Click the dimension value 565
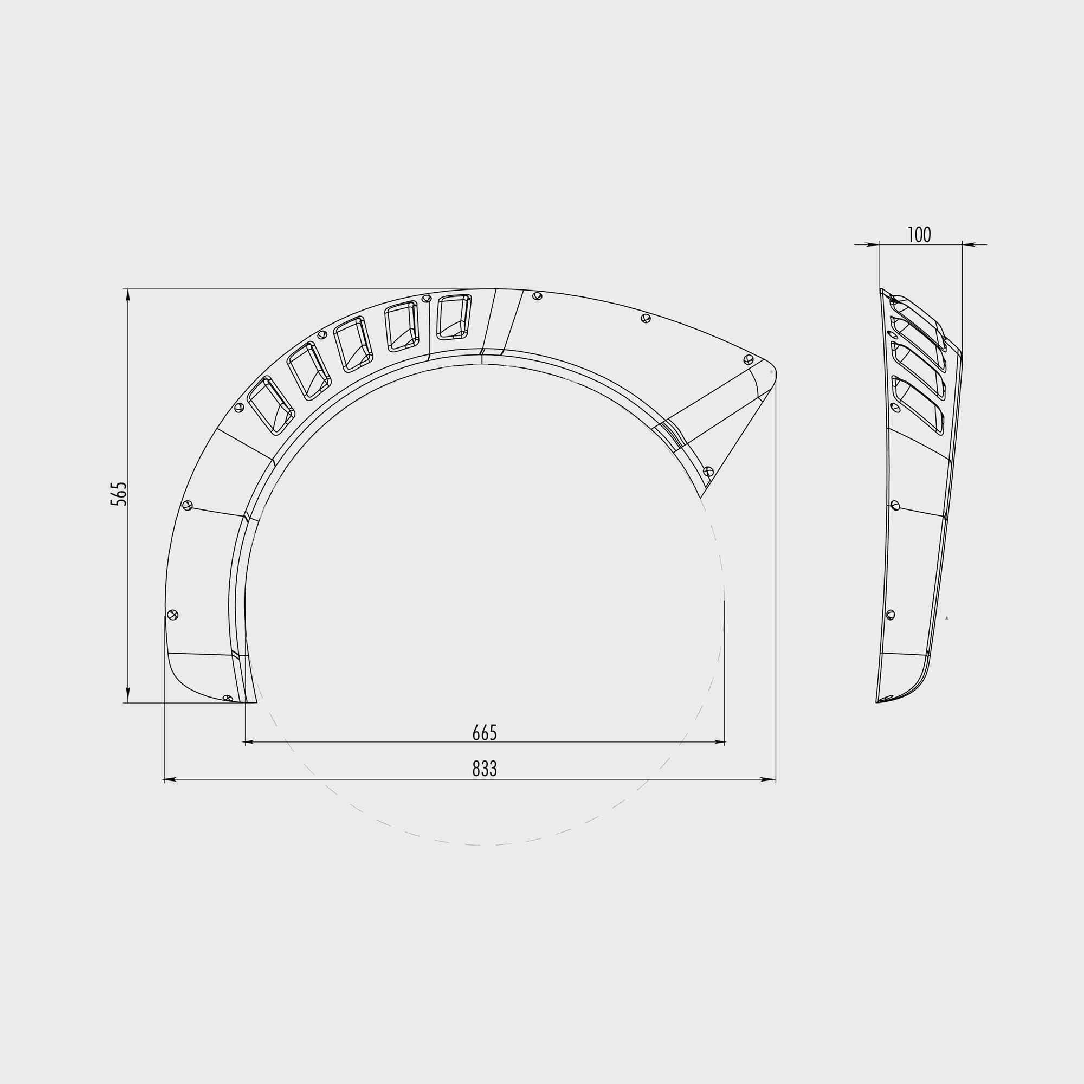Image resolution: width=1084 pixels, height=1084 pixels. pos(118,494)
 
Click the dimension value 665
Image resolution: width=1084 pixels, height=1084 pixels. pos(484,733)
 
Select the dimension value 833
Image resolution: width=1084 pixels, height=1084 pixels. pos(484,769)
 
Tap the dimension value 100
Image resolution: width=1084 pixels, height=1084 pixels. pos(919,235)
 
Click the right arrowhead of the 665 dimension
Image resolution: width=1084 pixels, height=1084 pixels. pos(720,742)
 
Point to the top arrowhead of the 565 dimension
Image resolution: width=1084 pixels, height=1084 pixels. pos(128,295)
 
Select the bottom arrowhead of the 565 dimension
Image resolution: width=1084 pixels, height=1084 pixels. pos(128,696)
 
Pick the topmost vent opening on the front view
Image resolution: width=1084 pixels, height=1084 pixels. pos(454,317)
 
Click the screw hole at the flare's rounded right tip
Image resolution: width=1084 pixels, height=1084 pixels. pos(748,359)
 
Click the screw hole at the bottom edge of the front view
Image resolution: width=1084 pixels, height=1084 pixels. pos(227,698)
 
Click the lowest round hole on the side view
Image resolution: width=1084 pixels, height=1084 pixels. pos(891,615)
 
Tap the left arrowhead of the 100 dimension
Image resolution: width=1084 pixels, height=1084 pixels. pos(873,244)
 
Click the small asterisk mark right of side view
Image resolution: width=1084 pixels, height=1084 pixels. pos(947,618)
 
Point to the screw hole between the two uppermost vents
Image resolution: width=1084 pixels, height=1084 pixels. pos(427,299)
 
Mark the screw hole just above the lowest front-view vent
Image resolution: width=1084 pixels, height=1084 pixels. pos(239,408)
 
